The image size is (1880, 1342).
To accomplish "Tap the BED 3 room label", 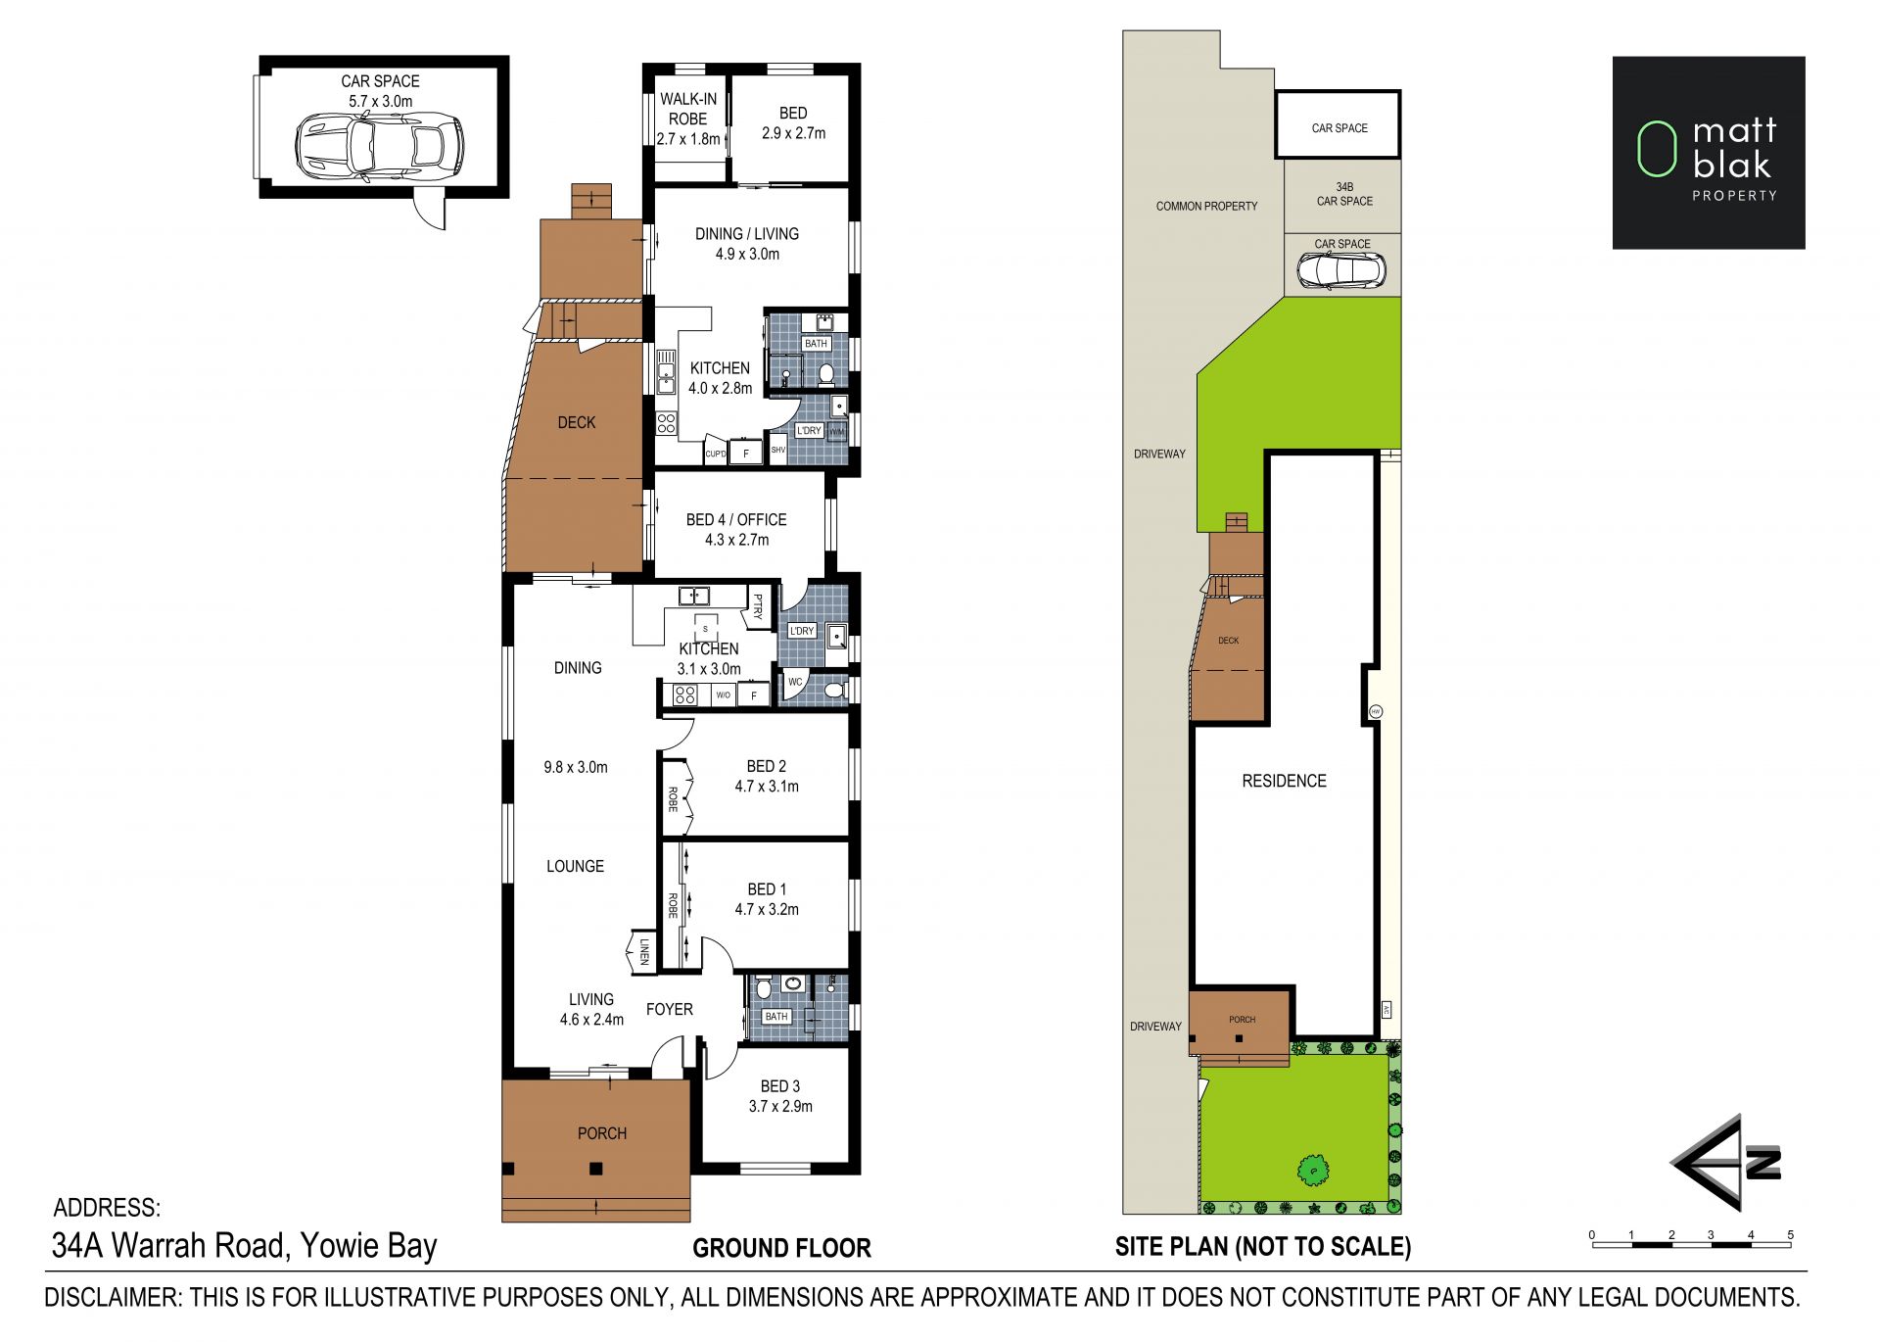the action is (x=780, y=1086).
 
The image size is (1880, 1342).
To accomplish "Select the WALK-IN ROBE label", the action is (x=688, y=109).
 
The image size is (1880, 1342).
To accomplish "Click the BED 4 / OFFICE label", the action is (x=736, y=519).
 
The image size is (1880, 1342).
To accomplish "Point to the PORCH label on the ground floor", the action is (x=602, y=1133).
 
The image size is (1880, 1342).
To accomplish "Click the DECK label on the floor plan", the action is (x=577, y=422).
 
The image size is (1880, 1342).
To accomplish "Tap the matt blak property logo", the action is (x=1709, y=153).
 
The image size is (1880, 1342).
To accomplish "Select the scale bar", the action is (x=1691, y=1241).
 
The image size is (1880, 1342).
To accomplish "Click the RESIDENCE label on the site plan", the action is (x=1284, y=781).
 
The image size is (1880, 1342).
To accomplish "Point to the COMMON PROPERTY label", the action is (x=1206, y=206).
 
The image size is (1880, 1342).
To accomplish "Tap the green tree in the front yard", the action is (x=1312, y=1169).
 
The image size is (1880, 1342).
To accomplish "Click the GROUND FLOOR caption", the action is (x=781, y=1248).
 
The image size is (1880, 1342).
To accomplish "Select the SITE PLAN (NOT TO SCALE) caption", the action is (x=1263, y=1246).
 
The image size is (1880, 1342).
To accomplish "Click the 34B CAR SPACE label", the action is (x=1344, y=194).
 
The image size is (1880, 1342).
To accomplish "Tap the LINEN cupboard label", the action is (x=644, y=951).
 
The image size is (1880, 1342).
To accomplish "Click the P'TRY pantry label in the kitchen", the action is (x=757, y=607).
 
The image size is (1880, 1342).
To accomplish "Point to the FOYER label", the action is (x=670, y=1009).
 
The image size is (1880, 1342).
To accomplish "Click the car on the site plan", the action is (x=1341, y=270).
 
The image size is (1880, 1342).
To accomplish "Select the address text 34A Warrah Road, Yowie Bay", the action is (x=244, y=1245).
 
